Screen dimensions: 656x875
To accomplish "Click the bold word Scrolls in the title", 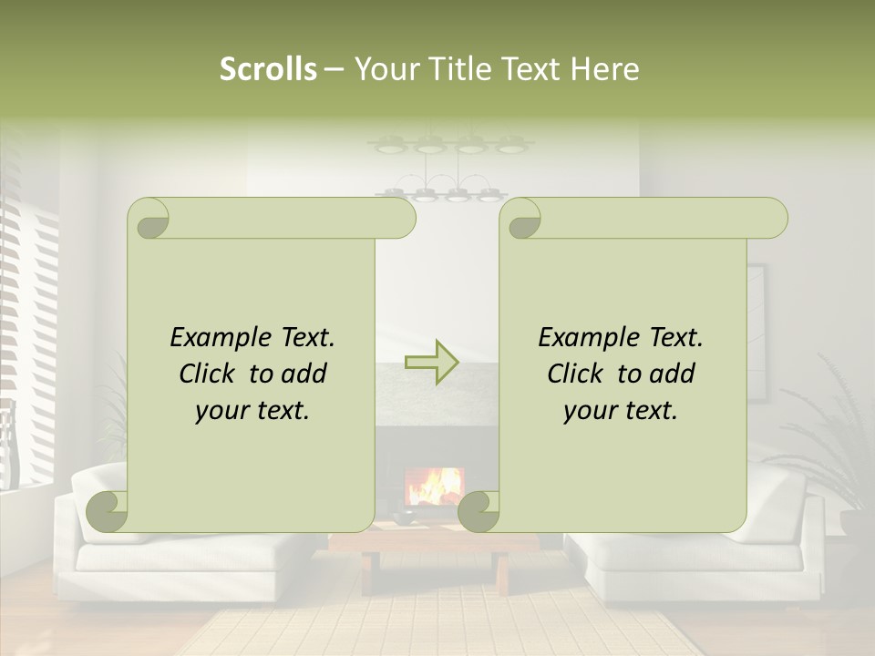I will click(268, 69).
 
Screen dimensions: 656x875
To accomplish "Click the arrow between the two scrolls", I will click(431, 362).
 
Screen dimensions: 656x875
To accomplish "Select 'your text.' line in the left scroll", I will click(252, 410).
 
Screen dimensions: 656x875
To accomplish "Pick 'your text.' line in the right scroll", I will click(621, 410).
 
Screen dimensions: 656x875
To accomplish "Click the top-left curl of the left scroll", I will click(149, 219).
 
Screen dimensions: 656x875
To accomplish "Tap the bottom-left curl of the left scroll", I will click(108, 511).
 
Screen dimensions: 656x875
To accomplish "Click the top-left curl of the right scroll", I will click(521, 219).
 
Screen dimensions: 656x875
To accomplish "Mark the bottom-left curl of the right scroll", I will click(479, 511).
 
